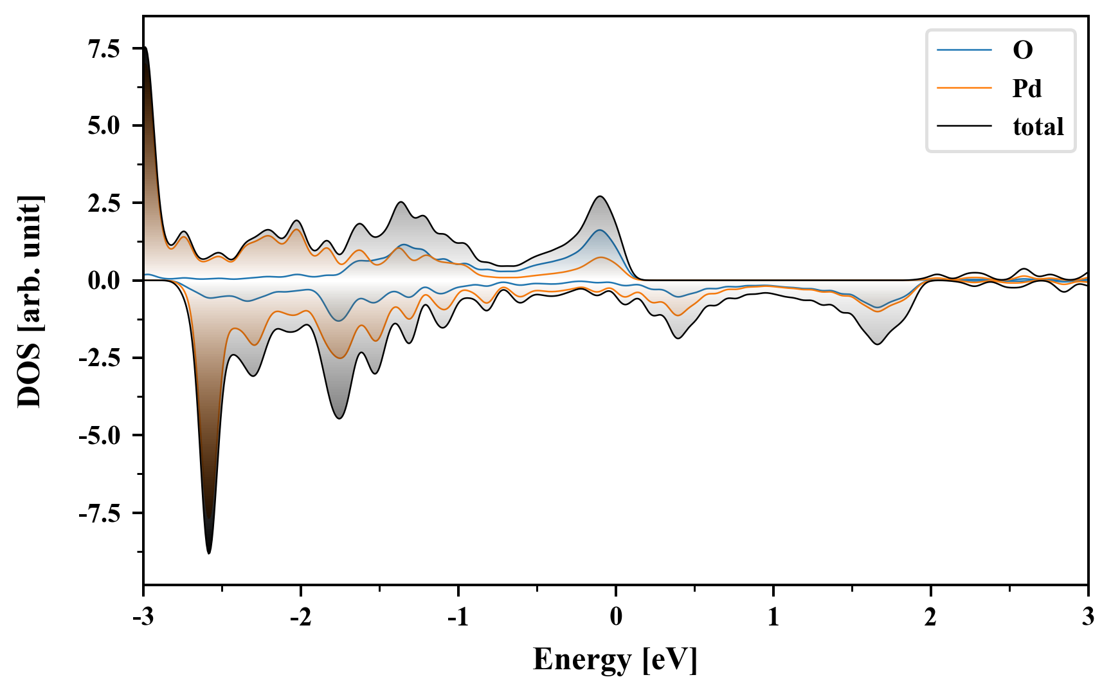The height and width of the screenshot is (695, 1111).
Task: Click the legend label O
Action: pos(1022,50)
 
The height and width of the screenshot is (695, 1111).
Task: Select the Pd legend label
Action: pos(1027,88)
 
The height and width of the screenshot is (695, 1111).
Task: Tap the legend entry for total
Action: pos(1038,127)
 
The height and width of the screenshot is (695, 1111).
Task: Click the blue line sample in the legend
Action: pos(964,50)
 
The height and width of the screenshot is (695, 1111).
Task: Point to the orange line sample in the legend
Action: pos(964,88)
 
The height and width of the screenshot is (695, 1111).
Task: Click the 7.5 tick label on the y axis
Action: pos(104,49)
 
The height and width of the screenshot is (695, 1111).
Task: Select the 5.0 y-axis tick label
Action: pos(104,125)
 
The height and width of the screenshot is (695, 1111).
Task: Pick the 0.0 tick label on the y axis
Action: pos(104,281)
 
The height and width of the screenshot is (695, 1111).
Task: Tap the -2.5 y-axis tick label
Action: pos(100,358)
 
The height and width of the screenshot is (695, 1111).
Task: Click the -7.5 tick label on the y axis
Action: pos(100,514)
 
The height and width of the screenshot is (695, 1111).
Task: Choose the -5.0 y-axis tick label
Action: pos(100,436)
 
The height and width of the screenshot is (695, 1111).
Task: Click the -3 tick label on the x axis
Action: pos(143,617)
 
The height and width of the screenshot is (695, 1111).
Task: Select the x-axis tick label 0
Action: pos(616,617)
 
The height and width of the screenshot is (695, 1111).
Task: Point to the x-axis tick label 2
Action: pos(930,617)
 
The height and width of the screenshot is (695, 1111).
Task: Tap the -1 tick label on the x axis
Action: pos(458,617)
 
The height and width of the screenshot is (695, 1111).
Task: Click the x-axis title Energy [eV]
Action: pos(615,660)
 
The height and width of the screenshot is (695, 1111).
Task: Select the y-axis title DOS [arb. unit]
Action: pos(30,301)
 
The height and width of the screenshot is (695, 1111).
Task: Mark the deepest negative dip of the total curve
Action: pos(209,552)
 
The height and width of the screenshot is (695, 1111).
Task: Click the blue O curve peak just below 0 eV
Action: pos(599,230)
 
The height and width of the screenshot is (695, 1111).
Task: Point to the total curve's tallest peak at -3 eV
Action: pos(146,48)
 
